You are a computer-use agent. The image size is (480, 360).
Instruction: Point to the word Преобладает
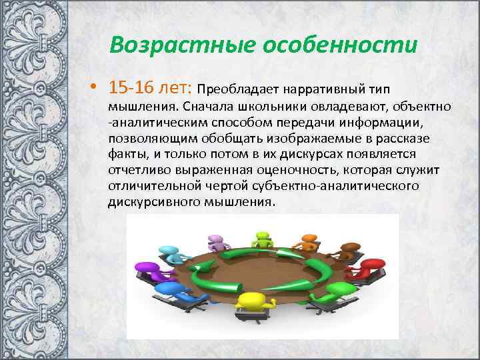point(238,89)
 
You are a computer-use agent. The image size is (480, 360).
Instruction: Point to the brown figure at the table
point(349,252)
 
